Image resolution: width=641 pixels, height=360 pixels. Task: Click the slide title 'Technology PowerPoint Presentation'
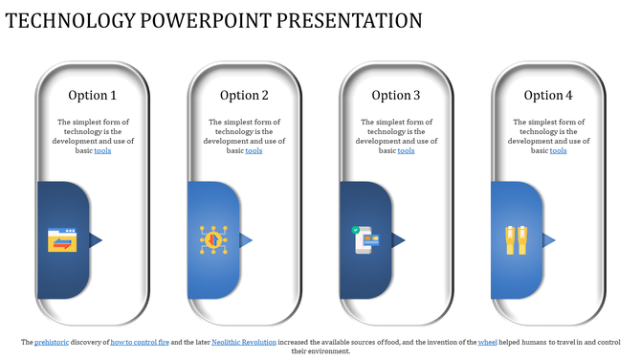click(214, 20)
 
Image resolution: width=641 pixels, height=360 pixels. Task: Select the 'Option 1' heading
click(93, 95)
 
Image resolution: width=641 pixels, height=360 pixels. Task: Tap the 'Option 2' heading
click(244, 95)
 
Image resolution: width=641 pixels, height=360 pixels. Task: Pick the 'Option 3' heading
click(396, 95)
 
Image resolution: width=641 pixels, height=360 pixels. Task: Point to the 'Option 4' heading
click(548, 95)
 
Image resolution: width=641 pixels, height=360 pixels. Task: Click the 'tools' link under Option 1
click(102, 150)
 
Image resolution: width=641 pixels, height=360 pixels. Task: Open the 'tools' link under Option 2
click(254, 150)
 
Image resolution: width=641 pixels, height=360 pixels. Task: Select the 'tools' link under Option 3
click(406, 150)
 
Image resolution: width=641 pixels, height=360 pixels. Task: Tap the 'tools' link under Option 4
click(558, 150)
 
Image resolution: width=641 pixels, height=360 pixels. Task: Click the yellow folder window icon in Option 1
click(62, 240)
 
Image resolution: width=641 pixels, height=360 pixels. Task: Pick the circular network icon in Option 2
click(213, 240)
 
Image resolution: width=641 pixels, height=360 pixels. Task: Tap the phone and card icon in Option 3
click(365, 240)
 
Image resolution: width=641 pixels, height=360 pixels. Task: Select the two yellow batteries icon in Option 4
click(517, 240)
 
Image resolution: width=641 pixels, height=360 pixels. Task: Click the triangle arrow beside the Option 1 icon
click(95, 239)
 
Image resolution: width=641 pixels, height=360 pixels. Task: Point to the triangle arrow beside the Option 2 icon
click(246, 239)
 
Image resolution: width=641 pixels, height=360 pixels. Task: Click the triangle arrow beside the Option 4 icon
click(549, 239)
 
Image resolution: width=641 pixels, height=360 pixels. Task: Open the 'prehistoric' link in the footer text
click(51, 342)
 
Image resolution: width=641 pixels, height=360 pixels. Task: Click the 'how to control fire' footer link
click(140, 342)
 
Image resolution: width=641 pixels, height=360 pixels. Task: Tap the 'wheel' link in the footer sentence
click(487, 342)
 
